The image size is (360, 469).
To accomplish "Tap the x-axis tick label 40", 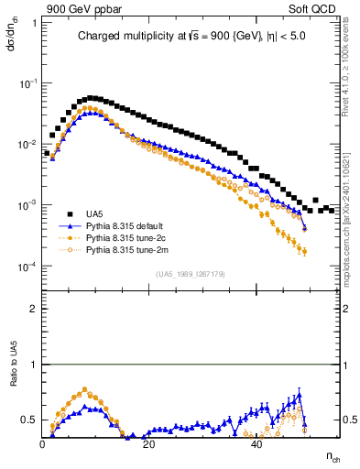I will pos(256,444).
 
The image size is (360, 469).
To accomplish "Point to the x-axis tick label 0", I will pos(43,444).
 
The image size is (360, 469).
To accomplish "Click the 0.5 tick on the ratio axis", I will pos(30,420).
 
